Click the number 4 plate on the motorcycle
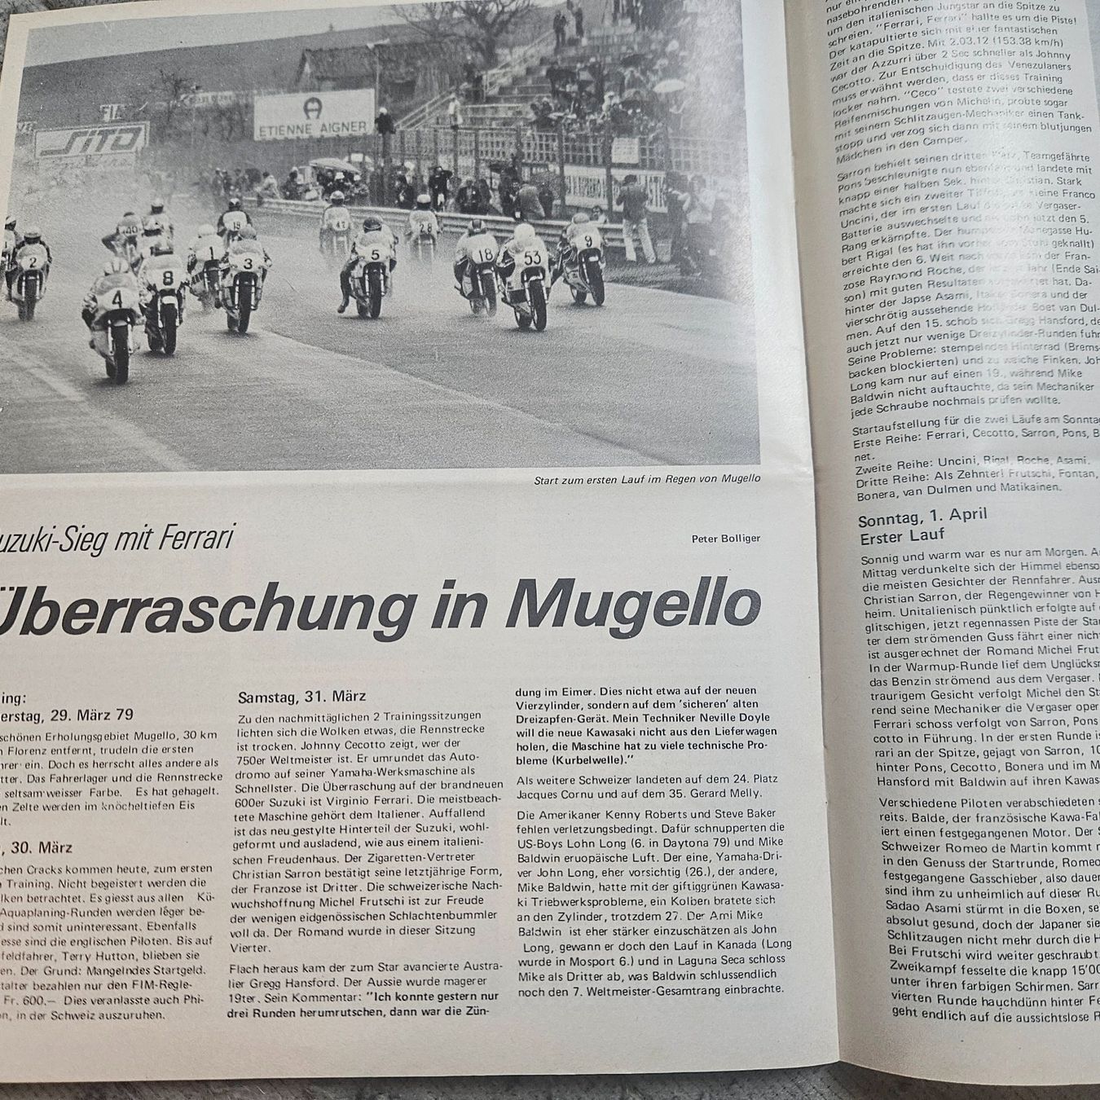117,299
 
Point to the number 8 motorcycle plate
167,277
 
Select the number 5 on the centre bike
375,253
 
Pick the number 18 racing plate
483,255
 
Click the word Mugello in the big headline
636,605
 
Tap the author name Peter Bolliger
725,538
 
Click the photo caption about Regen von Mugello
647,479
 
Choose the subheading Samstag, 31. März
301,697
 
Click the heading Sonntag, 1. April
922,515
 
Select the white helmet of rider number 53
524,235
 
